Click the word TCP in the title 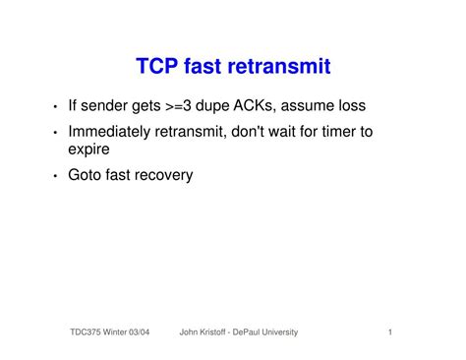pos(159,68)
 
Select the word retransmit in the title pos(282,68)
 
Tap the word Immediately pos(114,132)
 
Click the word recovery pos(165,175)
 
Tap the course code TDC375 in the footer pos(91,333)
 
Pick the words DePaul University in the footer pos(269,333)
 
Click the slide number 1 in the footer pos(390,333)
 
